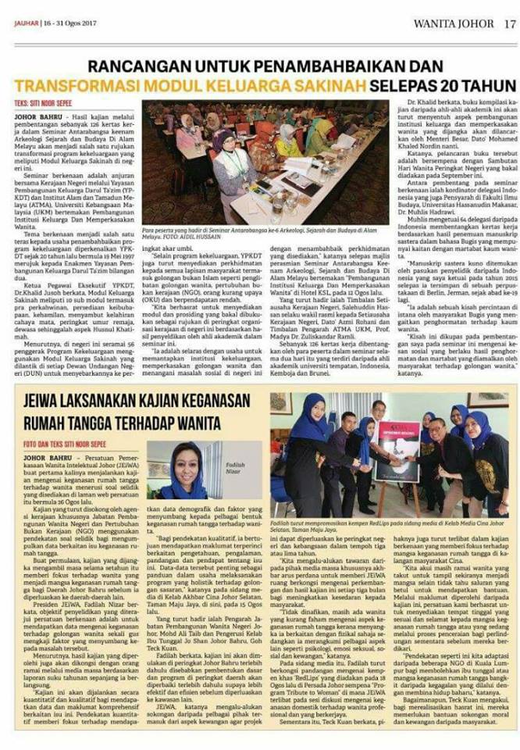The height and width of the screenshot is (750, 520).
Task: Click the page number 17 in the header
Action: [508, 23]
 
